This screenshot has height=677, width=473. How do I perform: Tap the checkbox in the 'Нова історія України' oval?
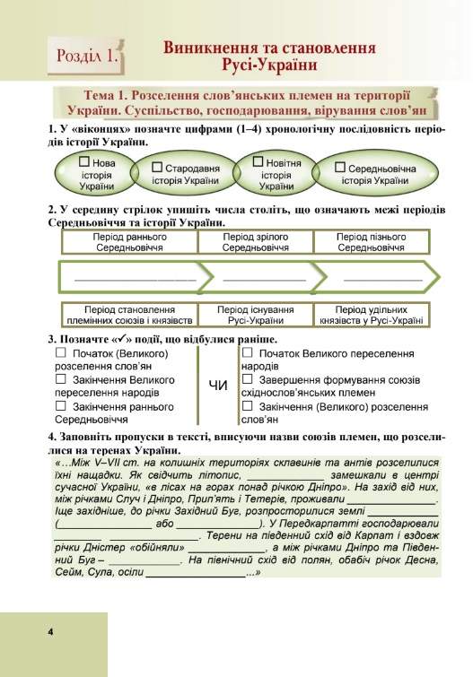tap(84, 162)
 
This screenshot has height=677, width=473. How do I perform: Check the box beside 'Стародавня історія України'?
tap(158, 168)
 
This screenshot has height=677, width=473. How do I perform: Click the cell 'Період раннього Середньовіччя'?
tap(130, 241)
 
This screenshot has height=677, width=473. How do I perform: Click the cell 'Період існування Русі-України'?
tap(256, 314)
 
